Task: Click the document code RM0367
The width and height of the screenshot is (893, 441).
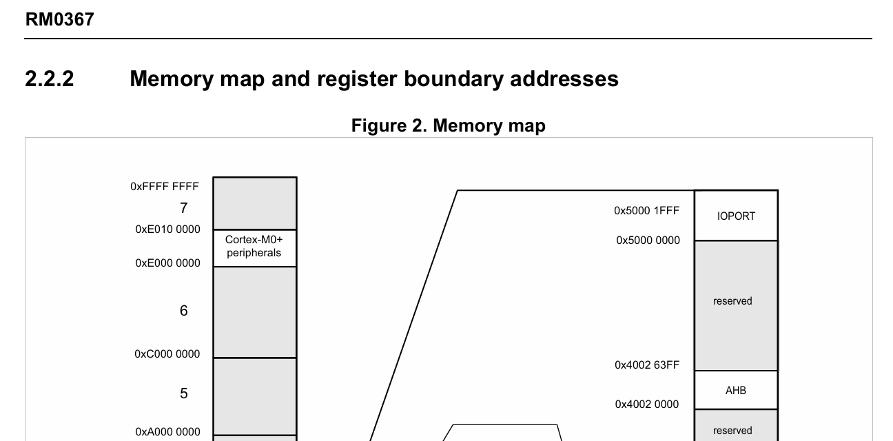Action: tap(59, 19)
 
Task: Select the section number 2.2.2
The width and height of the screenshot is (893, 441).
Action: tap(49, 79)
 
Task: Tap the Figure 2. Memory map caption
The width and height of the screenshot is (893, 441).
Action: tap(448, 125)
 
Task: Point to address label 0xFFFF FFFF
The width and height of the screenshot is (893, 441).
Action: tap(164, 187)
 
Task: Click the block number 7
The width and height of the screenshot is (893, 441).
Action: tap(183, 208)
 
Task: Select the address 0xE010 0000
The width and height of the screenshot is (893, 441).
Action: tap(167, 229)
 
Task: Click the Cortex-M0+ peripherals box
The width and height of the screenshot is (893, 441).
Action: tap(254, 247)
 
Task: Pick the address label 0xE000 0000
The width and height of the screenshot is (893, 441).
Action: tap(167, 263)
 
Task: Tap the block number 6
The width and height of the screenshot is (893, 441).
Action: tap(183, 311)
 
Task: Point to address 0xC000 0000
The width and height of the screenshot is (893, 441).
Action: tap(167, 354)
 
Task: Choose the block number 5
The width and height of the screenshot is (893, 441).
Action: tap(183, 393)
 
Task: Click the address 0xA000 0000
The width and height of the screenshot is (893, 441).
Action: tap(167, 432)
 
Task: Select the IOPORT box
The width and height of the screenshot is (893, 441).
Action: tap(736, 216)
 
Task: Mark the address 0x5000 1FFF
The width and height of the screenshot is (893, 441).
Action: tap(646, 211)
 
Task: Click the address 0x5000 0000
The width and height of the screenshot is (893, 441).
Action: tap(648, 240)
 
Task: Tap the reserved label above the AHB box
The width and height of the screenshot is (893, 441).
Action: tap(732, 301)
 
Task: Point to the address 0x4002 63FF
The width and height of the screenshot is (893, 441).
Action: tap(647, 365)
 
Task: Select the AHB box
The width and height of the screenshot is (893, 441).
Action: tap(736, 390)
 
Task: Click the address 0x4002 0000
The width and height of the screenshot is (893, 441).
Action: tap(647, 404)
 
